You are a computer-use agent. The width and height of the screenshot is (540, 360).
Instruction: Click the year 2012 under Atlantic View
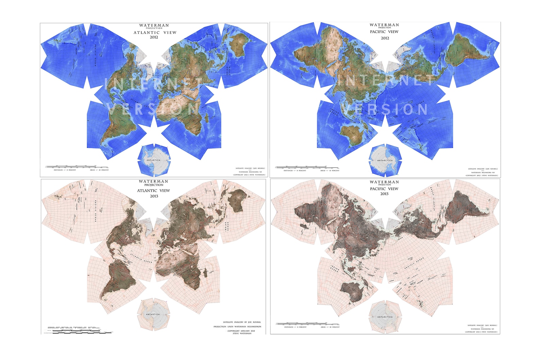pyautogui.click(x=154, y=37)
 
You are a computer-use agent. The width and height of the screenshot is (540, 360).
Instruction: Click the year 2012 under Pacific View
pyautogui.click(x=385, y=38)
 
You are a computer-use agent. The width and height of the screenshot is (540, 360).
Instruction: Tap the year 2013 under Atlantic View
pyautogui.click(x=154, y=196)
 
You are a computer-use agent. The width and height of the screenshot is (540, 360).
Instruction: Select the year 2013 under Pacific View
pyautogui.click(x=384, y=194)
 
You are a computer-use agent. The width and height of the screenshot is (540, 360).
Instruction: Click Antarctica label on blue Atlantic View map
pyautogui.click(x=153, y=160)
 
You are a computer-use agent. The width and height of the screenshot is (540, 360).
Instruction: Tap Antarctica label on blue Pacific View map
pyautogui.click(x=385, y=160)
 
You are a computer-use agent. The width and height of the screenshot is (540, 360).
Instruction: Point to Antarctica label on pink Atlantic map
pyautogui.click(x=153, y=314)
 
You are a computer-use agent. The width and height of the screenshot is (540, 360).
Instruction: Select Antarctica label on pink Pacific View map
pyautogui.click(x=385, y=317)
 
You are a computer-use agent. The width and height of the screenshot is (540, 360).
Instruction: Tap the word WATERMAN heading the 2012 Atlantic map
pyautogui.click(x=154, y=25)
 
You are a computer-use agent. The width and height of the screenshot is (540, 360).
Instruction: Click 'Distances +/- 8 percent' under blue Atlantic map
pyautogui.click(x=65, y=170)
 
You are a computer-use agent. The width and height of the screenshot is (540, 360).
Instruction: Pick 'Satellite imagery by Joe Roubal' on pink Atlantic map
pyautogui.click(x=242, y=322)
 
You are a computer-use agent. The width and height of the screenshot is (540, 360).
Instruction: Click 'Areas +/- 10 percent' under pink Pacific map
pyautogui.click(x=330, y=327)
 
